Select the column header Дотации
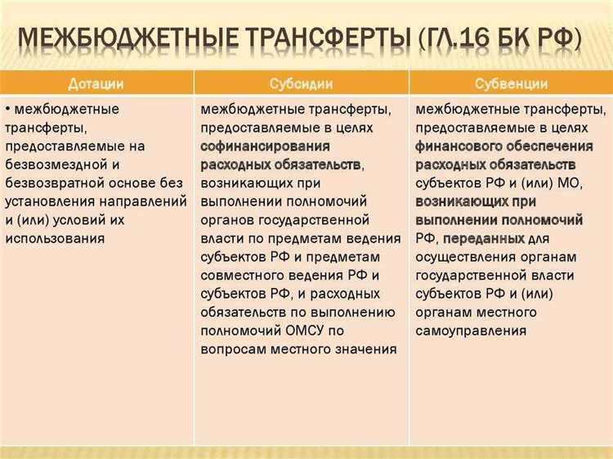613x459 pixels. point(96,83)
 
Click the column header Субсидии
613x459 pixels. point(301,83)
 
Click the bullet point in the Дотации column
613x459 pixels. point(8,108)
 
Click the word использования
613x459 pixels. point(55,238)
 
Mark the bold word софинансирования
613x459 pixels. point(266,146)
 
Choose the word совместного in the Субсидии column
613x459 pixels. point(243,274)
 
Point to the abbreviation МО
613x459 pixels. point(593,182)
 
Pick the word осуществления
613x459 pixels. point(460,256)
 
